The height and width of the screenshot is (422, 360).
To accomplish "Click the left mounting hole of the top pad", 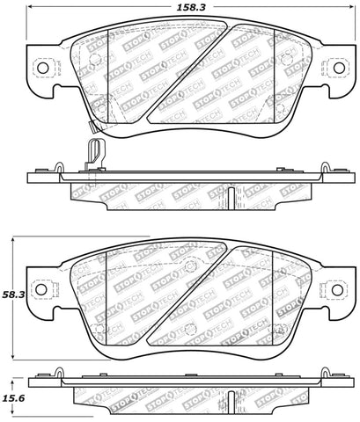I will pyautogui.click(x=40, y=69).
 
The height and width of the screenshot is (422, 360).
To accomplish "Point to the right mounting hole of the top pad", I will pyautogui.click(x=335, y=69).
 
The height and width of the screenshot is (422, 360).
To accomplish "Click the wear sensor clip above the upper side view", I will pyautogui.click(x=95, y=152).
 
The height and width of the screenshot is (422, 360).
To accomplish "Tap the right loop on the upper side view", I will pyautogui.click(x=312, y=166).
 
